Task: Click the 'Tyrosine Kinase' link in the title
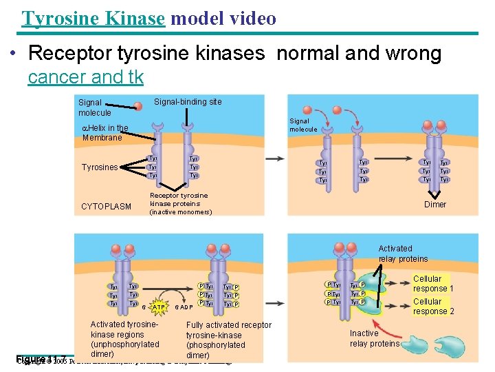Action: pos(93,18)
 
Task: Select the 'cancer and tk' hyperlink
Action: pos(86,77)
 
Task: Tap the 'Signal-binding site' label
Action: pos(188,102)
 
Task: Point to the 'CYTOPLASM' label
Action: pos(106,207)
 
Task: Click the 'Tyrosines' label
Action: pos(100,167)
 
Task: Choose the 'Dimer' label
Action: pos(434,205)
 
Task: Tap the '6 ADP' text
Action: pos(183,306)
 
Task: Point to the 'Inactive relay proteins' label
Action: pos(374,338)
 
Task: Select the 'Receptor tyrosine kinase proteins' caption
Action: pos(181,203)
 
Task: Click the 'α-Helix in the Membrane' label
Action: pos(104,132)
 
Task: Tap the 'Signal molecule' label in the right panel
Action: pos(303,125)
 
